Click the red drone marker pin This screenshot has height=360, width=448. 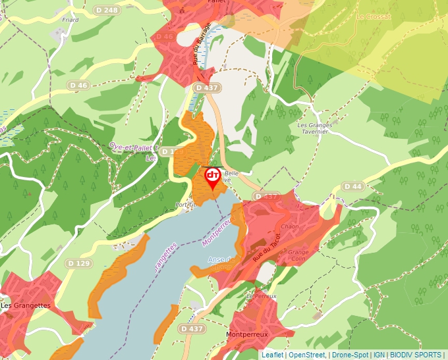[213, 177]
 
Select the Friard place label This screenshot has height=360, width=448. [70, 20]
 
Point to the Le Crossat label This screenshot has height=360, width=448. [374, 17]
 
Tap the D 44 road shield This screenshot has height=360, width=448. [353, 187]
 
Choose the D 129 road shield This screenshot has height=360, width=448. [78, 263]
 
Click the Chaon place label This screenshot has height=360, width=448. [290, 226]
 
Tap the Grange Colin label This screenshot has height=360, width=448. [298, 255]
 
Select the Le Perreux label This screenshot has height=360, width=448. [262, 296]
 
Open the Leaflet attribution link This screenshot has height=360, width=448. [272, 355]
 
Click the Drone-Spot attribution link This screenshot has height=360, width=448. [350, 355]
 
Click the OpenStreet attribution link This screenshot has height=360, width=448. [307, 355]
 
